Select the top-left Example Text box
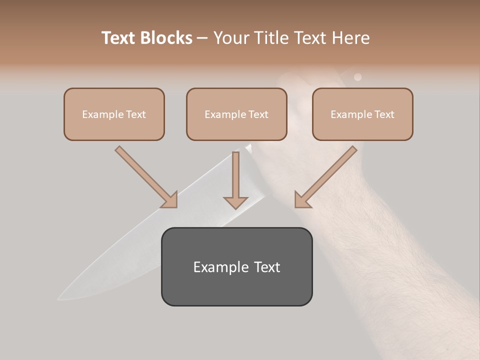coord(114,114)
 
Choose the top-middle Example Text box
coord(236,114)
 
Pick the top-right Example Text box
coord(362,114)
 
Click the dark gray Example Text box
coord(236,266)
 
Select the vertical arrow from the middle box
coord(235,180)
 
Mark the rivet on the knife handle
coord(357,77)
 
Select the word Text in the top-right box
coord(384,114)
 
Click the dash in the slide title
coord(202,38)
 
